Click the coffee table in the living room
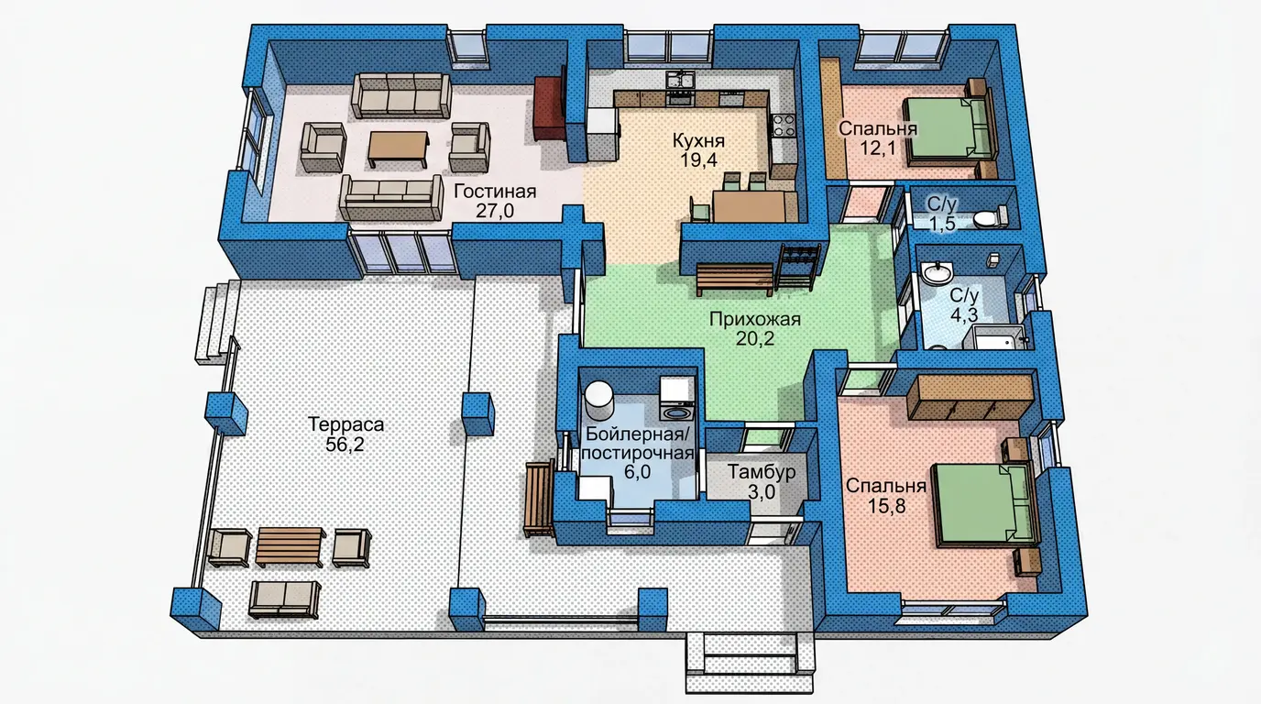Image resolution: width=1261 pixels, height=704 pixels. pos(399,148)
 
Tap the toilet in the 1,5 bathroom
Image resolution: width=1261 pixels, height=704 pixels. pos(991,217)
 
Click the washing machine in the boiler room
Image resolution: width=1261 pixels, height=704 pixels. pos(677,399)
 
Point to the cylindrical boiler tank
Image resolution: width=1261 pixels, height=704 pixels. pos(598,401)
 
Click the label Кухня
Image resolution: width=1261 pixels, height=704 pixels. pos(698,140)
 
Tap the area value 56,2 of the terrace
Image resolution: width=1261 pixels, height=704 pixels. pos(345,445)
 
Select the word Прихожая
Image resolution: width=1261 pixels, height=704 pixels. pos(755,319)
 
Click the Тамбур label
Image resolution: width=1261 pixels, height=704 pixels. pos(762,471)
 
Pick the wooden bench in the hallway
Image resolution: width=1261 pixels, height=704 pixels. pos(735,279)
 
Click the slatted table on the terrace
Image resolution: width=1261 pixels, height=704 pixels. pos(290,546)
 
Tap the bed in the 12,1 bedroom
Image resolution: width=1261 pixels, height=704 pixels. pos(949,131)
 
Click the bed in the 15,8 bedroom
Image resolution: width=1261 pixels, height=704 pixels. pos(985,505)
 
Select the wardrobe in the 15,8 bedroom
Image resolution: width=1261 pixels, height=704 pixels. pos(970,397)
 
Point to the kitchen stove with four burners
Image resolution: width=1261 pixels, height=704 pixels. pos(783,126)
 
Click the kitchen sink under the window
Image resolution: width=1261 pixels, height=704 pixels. pos(680,80)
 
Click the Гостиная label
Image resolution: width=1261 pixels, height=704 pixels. pos(495,192)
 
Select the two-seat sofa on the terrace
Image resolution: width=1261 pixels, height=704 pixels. pos(285,599)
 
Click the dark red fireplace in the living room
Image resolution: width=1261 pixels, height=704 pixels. pos(549,109)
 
